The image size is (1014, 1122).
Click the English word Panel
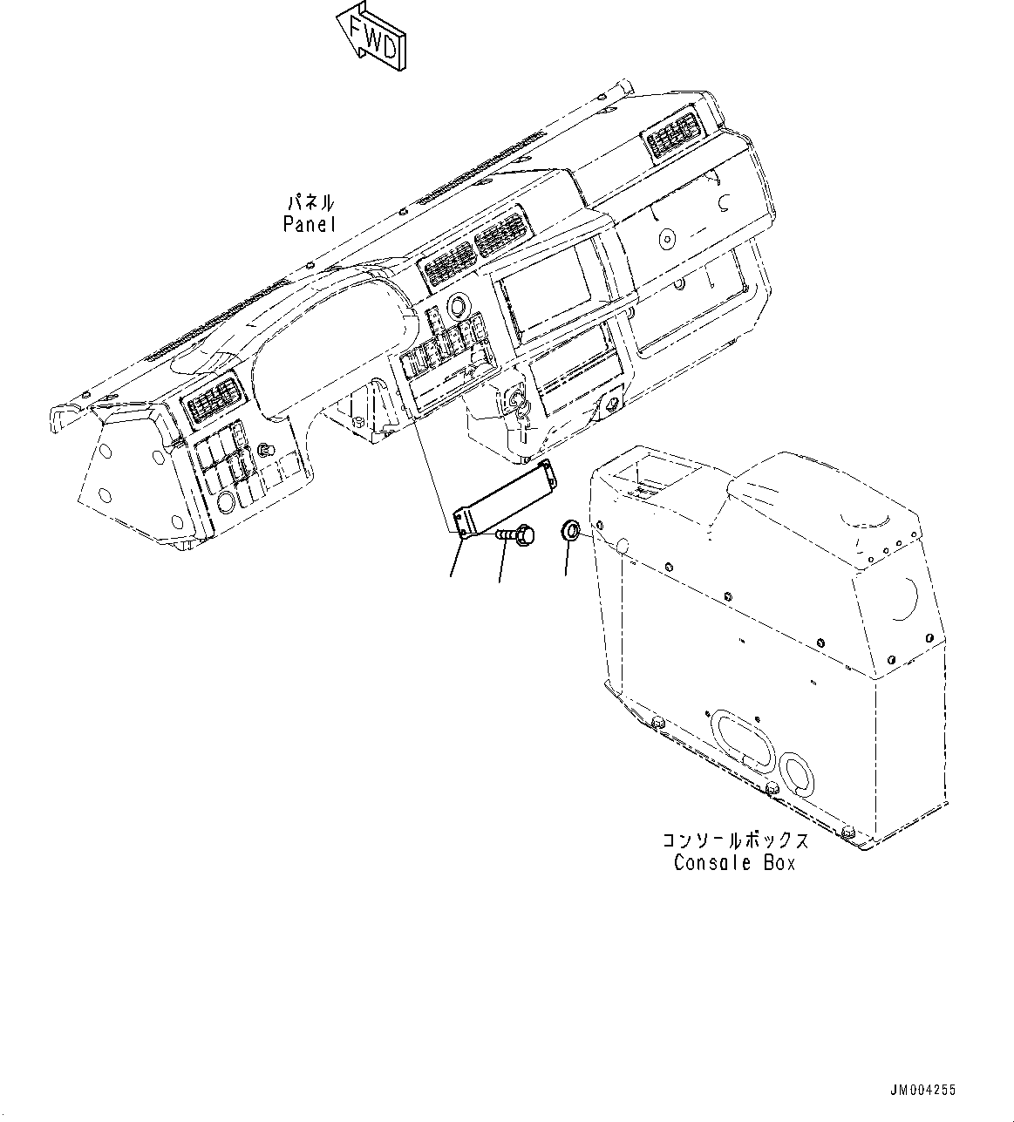(x=309, y=224)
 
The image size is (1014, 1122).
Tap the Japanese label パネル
(x=310, y=203)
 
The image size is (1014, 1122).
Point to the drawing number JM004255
(x=922, y=1089)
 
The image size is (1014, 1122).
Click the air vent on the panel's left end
(x=208, y=400)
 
